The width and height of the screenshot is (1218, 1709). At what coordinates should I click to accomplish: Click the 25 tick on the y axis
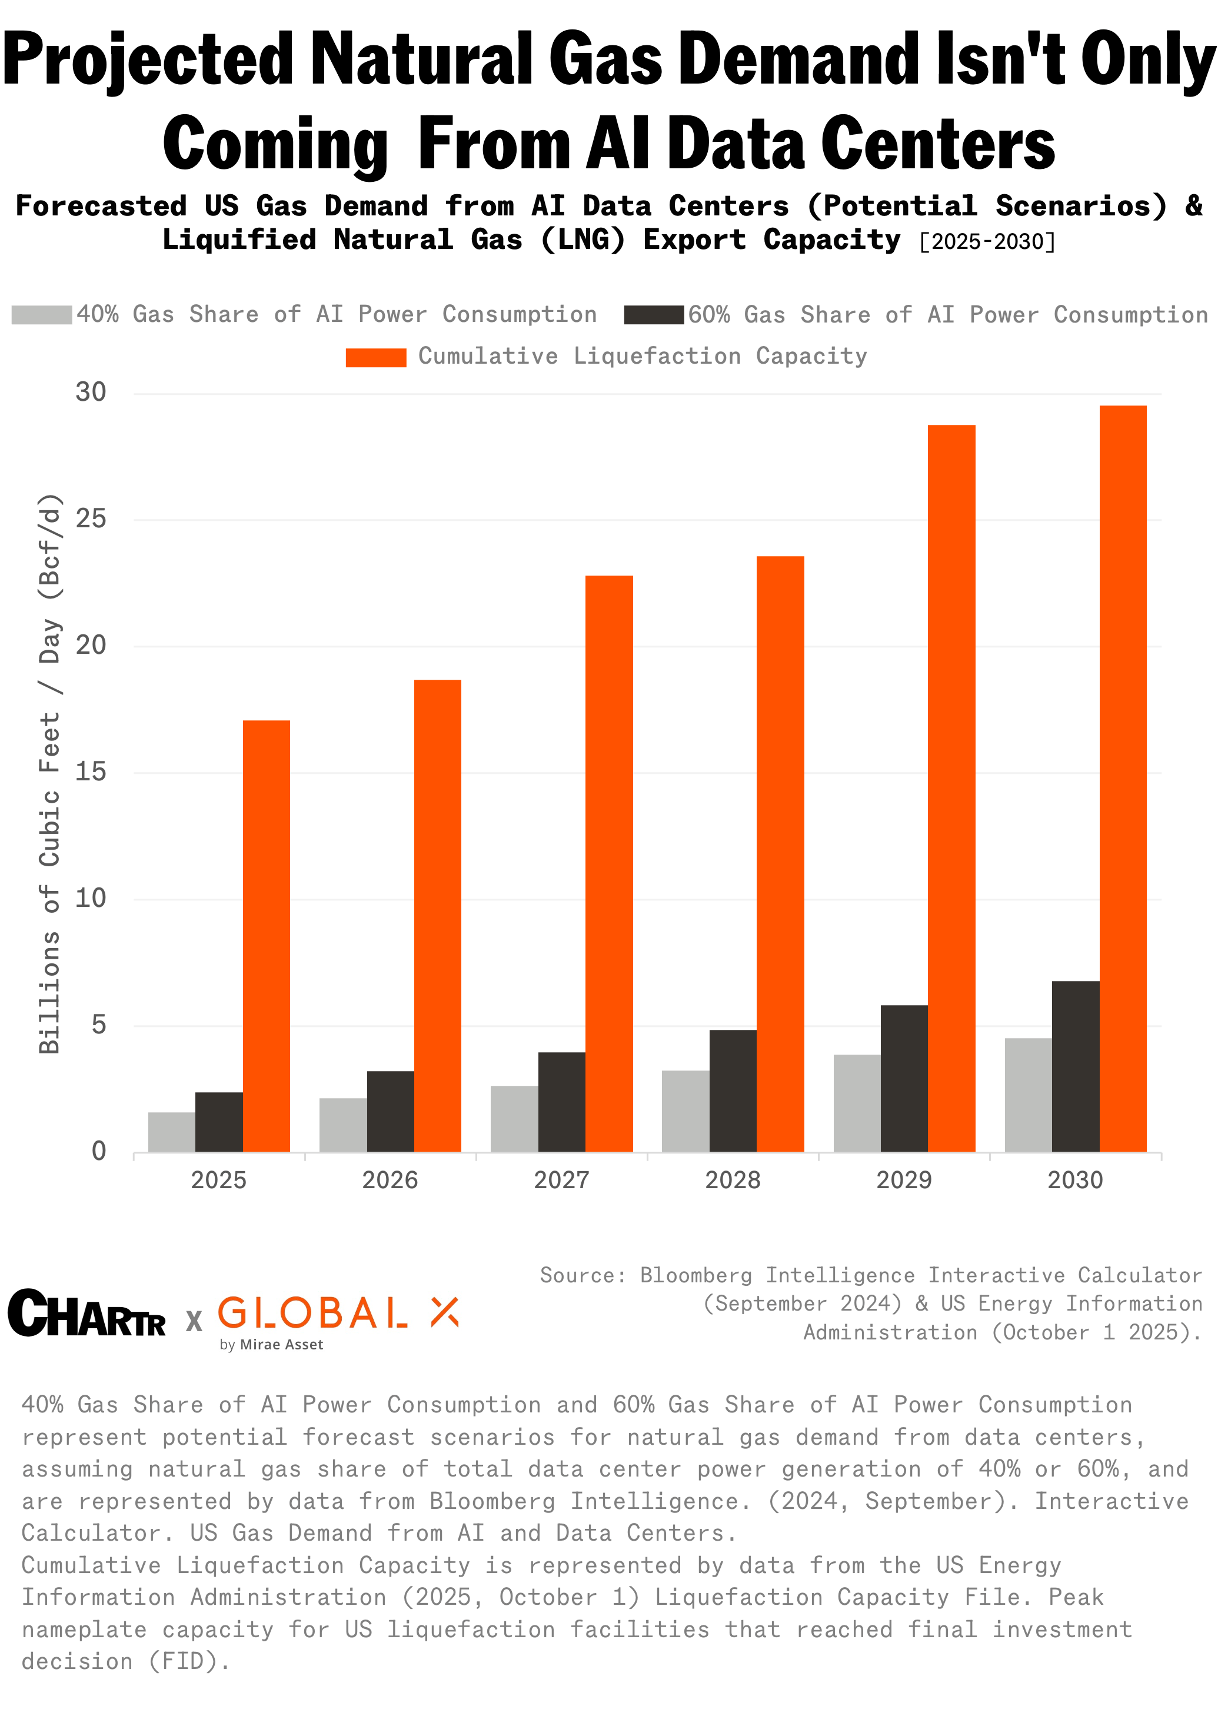coord(91,518)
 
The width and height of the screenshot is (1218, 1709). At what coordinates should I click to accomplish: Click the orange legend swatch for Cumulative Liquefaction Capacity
coord(376,357)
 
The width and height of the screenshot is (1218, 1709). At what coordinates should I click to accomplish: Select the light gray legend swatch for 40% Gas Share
coord(42,315)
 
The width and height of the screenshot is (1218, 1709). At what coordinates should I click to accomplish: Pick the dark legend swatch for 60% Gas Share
coord(653,315)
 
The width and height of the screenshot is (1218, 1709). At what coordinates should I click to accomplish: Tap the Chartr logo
coord(86,1314)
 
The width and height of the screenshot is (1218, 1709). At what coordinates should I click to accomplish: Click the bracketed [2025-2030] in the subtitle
coord(987,241)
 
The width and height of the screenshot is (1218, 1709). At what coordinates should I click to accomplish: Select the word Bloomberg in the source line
coord(695,1275)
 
